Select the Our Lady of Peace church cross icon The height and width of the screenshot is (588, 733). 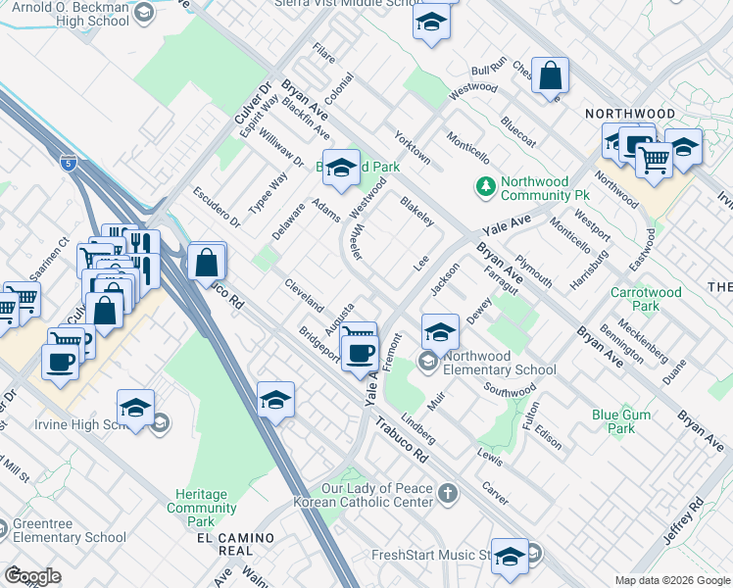click(448, 493)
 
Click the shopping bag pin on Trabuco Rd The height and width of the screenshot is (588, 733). click(207, 263)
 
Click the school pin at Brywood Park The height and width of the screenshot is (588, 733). click(341, 169)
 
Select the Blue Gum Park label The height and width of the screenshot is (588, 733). click(620, 421)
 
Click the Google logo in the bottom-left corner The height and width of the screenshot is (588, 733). click(32, 576)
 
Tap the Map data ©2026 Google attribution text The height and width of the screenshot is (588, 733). click(671, 580)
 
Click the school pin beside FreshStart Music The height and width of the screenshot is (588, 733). click(510, 557)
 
